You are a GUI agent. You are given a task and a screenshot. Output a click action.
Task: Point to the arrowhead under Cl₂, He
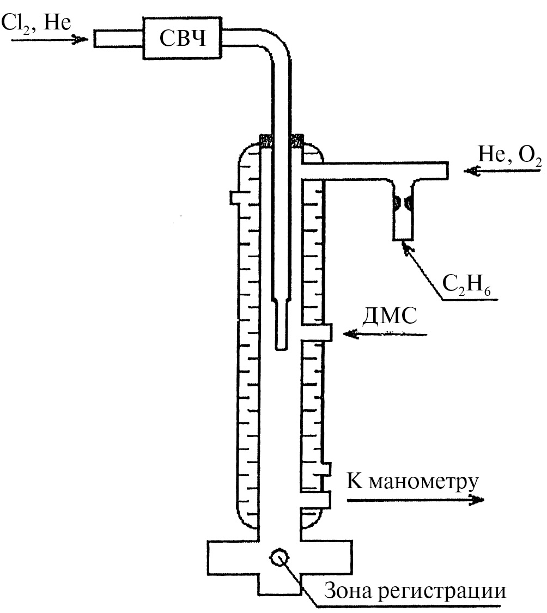pyautogui.click(x=80, y=39)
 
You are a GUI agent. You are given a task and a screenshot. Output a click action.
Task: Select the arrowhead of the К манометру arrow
pyautogui.click(x=477, y=500)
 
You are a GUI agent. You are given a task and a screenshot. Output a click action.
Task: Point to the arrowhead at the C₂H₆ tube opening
pyautogui.click(x=406, y=248)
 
